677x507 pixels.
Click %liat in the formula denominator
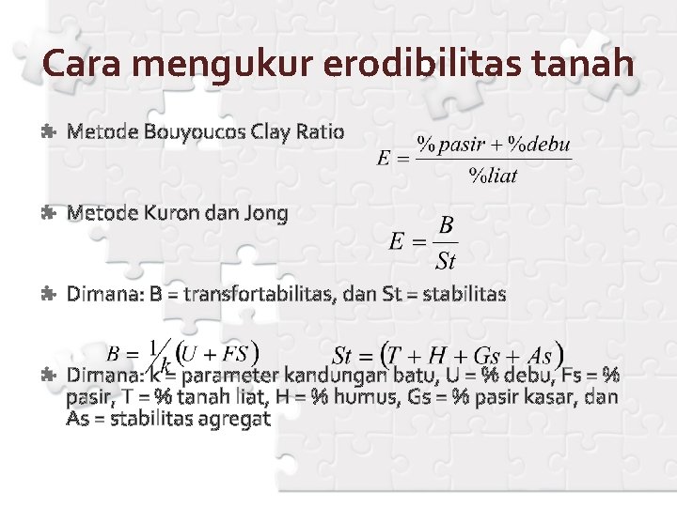[x=494, y=177]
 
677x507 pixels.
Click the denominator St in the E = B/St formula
[x=446, y=258]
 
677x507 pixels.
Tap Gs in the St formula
[x=486, y=356]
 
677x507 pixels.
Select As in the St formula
[x=540, y=356]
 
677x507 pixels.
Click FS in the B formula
[x=236, y=354]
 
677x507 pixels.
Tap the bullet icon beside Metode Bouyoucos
[x=49, y=131]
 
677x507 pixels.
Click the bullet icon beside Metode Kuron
[x=49, y=214]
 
